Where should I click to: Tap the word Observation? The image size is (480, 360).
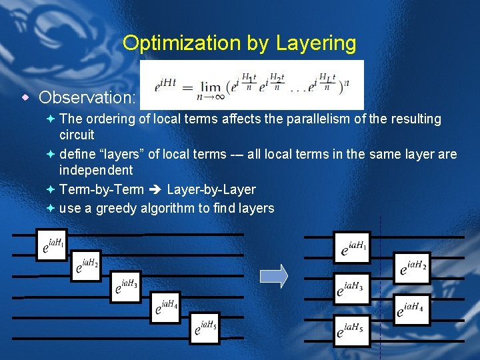pyautogui.click(x=87, y=97)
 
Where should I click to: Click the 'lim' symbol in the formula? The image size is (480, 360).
pyautogui.click(x=213, y=89)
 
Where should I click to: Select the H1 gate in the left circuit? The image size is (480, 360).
pyautogui.click(x=51, y=245)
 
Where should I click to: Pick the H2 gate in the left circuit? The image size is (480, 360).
pyautogui.click(x=88, y=267)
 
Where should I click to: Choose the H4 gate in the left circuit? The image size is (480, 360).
pyautogui.click(x=165, y=307)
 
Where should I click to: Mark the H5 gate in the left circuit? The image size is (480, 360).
pyautogui.click(x=204, y=328)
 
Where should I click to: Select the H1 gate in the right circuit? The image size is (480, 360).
pyautogui.click(x=351, y=249)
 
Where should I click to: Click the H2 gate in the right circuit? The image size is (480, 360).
pyautogui.click(x=412, y=269)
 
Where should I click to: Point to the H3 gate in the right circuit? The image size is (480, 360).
pyautogui.click(x=351, y=289)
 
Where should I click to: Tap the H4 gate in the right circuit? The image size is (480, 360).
pyautogui.click(x=411, y=309)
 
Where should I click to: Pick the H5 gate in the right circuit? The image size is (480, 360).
pyautogui.click(x=351, y=329)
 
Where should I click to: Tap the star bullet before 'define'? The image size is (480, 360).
pyautogui.click(x=51, y=155)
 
